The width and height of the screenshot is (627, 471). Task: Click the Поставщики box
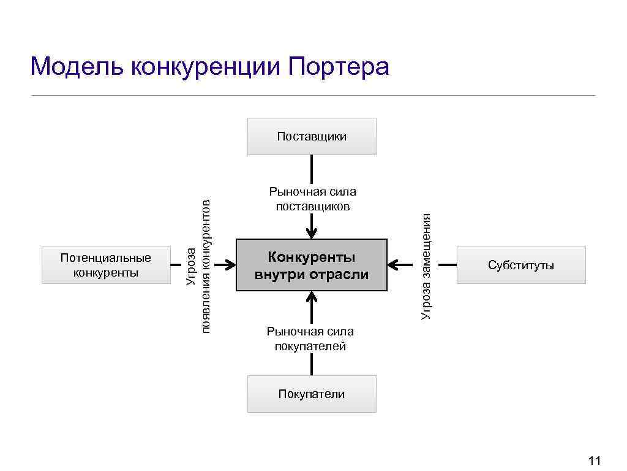coord(312,136)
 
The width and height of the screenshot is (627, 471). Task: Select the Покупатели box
coord(312,394)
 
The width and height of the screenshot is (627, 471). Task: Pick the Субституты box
coord(521,265)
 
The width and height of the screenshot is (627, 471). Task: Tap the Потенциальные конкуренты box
coord(106,265)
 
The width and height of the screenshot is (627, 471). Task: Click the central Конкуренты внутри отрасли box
coord(312,265)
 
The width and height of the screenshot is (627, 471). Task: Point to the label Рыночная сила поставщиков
coord(312,199)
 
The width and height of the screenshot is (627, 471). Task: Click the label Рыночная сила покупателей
coord(310,339)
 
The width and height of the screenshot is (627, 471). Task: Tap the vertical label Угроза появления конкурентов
coord(198,265)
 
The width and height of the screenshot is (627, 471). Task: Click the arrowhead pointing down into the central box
coord(312,233)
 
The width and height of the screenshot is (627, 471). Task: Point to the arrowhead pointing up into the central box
coord(312,297)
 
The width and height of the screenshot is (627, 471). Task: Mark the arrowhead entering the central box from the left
coord(231,265)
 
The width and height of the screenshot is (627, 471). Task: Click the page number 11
coord(594,461)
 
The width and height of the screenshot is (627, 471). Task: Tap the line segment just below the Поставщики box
coord(312,169)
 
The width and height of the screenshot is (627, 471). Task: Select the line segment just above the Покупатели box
coord(312,366)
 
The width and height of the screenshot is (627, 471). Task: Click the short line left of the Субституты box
coord(448,265)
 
